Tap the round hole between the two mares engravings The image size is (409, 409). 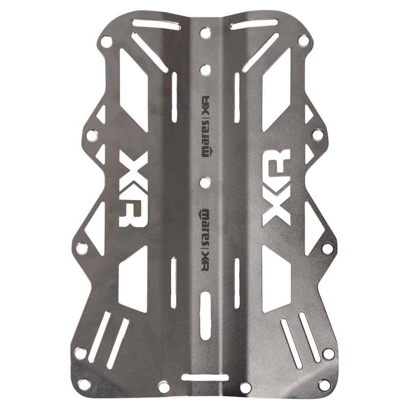(205, 182)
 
